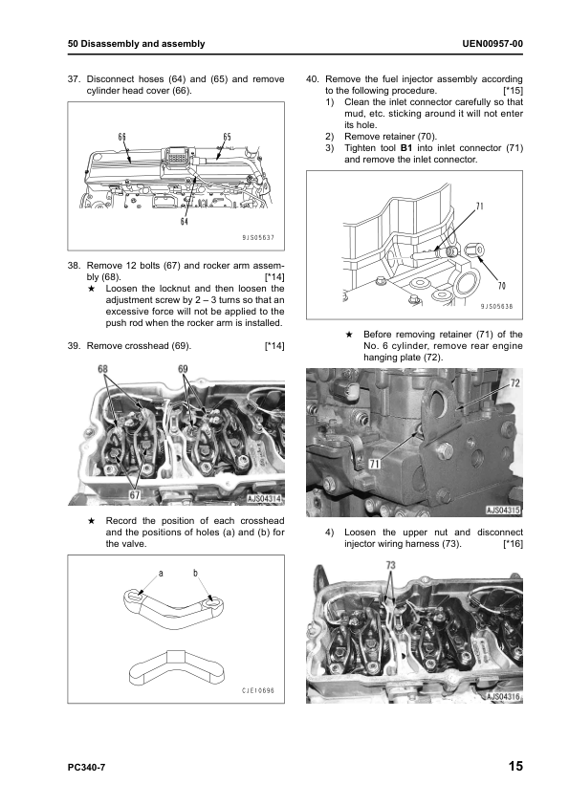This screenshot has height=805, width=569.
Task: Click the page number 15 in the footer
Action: (x=514, y=766)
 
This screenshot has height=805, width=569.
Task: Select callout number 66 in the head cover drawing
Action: (x=122, y=138)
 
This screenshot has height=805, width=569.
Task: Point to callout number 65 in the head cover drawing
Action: (x=227, y=138)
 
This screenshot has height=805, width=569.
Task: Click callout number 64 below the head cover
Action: (x=184, y=223)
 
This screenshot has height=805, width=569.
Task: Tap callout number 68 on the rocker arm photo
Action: (x=104, y=368)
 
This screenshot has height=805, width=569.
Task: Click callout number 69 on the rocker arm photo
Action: (x=183, y=368)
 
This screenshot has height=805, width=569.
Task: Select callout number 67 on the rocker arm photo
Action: (x=135, y=495)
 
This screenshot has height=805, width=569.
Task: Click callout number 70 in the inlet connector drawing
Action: (x=502, y=285)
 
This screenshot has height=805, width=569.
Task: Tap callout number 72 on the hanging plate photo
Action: (x=514, y=381)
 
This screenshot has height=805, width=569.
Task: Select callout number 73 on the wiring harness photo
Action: (x=390, y=566)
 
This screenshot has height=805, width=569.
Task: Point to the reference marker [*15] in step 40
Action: (x=512, y=91)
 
